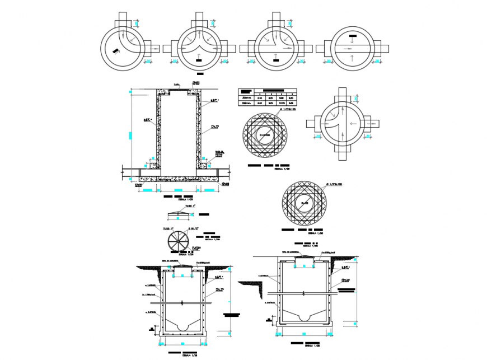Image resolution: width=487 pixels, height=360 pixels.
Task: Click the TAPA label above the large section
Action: [176, 86]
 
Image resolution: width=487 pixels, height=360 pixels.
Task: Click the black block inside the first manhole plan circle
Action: [115, 52]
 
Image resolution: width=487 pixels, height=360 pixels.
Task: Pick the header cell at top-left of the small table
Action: [245, 91]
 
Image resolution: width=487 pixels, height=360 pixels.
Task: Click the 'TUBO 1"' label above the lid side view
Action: [190, 206]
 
